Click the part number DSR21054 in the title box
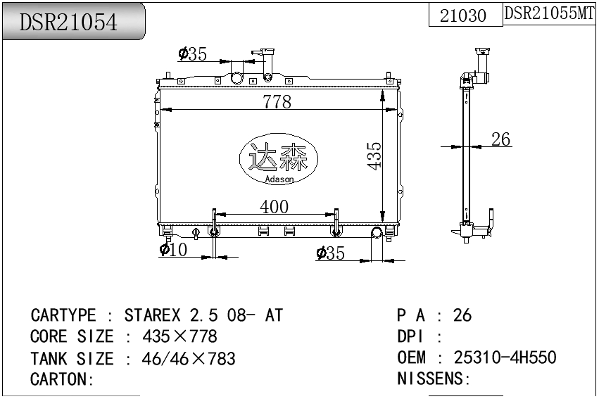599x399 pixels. (69, 23)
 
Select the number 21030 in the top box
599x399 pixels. (462, 15)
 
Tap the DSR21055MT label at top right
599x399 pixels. (550, 13)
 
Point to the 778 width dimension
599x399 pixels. (277, 102)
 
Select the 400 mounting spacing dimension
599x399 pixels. (274, 206)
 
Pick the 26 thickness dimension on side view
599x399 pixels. (500, 139)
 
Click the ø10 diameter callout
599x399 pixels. (173, 249)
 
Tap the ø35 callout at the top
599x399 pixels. (192, 53)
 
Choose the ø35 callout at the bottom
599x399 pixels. (331, 253)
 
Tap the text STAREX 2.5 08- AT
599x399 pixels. (203, 315)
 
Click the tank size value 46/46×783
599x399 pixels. (189, 358)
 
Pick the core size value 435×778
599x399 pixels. (179, 336)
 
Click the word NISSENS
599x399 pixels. (431, 379)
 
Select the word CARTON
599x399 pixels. (61, 379)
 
